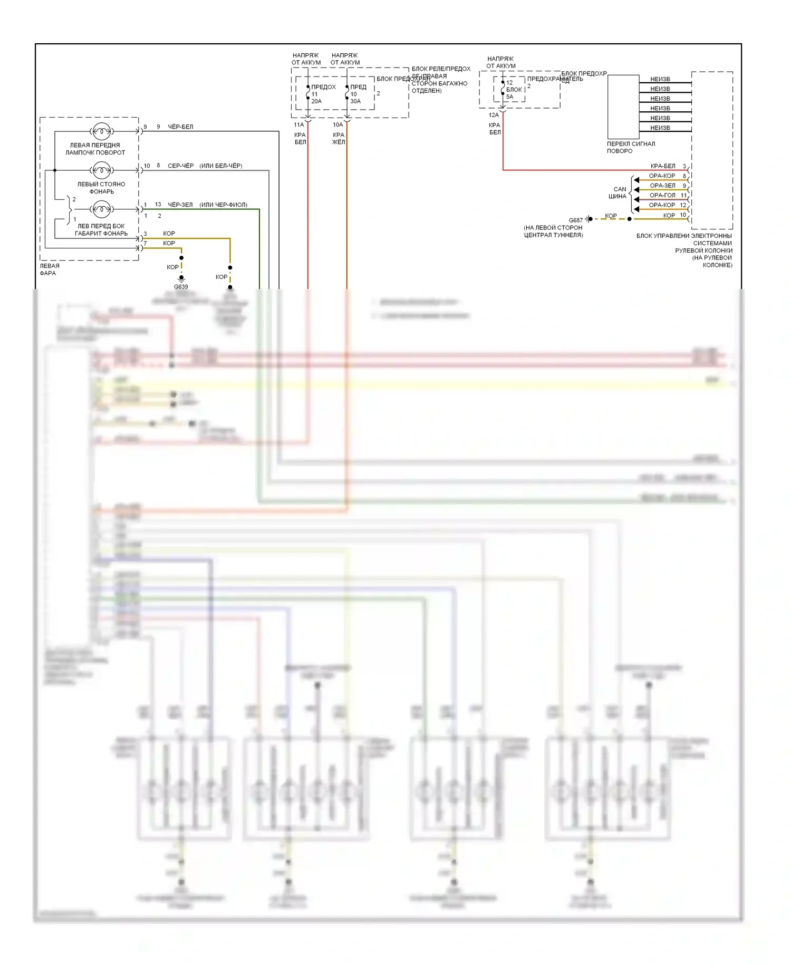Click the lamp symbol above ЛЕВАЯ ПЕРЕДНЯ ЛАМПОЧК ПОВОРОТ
click(x=101, y=131)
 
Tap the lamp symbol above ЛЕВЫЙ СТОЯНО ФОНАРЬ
click(x=101, y=170)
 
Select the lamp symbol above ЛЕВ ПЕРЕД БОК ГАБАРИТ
click(x=101, y=209)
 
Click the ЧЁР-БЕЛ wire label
click(x=180, y=127)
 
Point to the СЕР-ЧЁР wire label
click(x=180, y=166)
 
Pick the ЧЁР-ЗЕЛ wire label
click(x=180, y=205)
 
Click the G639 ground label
click(x=181, y=287)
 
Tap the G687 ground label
click(x=576, y=220)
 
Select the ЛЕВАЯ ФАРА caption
click(x=50, y=269)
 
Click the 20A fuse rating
click(x=316, y=101)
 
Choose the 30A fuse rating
click(x=355, y=101)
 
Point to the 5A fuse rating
click(x=510, y=97)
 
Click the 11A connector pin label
click(x=299, y=125)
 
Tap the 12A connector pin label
click(x=494, y=115)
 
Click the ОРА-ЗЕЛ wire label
click(x=662, y=186)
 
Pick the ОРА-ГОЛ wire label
click(x=662, y=195)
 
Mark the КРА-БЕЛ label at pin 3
click(x=663, y=166)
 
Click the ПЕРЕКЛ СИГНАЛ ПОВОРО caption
click(x=631, y=147)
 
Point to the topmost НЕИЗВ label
click(x=660, y=79)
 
